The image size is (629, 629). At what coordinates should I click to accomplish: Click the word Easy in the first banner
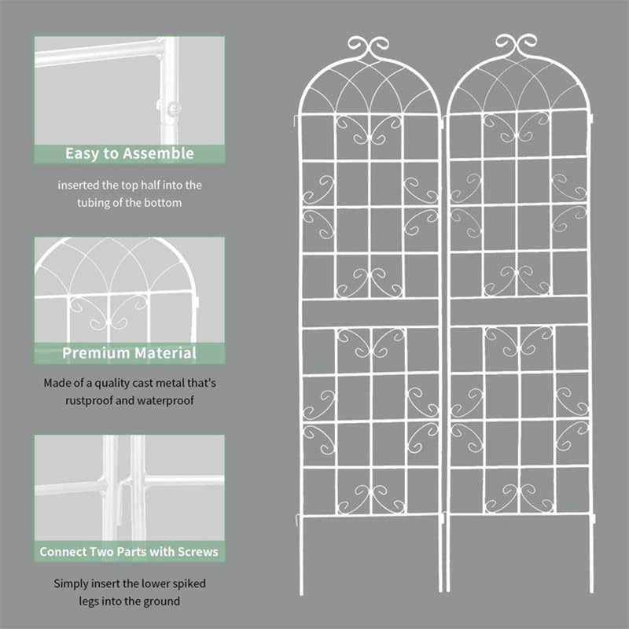point(82,153)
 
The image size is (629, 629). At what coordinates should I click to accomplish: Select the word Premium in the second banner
point(95,353)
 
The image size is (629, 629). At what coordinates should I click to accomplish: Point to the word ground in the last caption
point(163,601)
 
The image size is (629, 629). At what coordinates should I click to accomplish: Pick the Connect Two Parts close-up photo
point(129,487)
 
